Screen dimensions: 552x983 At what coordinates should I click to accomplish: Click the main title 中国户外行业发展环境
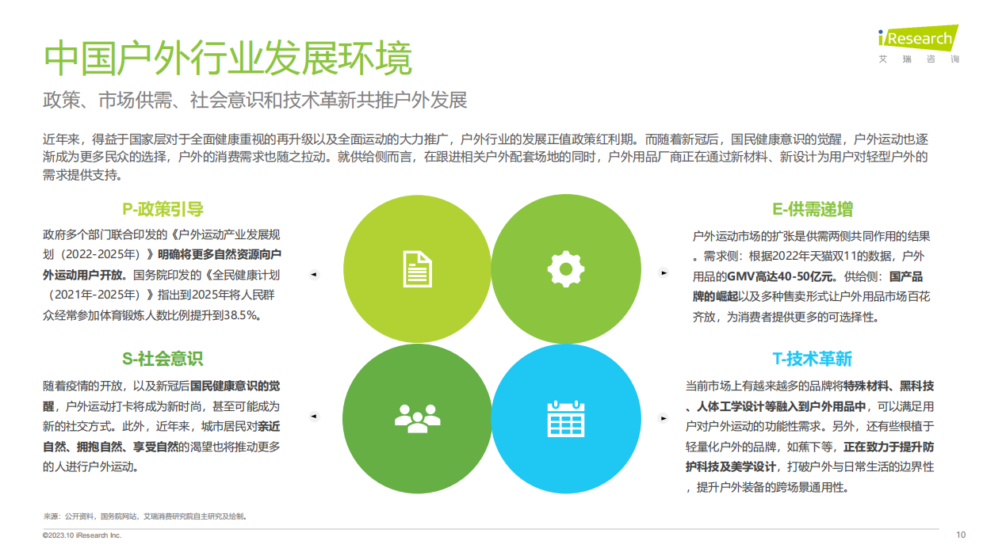point(228,59)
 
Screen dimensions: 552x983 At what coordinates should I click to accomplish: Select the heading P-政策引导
point(163,209)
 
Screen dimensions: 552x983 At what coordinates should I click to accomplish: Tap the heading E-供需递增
point(813,209)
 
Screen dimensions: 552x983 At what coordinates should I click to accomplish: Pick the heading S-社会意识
point(163,359)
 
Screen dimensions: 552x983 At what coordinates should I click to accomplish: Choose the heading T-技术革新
point(813,359)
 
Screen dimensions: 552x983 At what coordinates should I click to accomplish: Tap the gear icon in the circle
point(565,267)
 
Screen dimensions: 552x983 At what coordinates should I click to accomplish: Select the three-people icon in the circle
point(417,417)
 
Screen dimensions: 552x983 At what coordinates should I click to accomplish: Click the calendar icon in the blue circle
point(565,417)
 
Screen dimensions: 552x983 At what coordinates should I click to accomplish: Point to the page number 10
point(961,535)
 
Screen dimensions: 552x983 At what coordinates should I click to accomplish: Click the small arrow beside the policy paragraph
point(313,274)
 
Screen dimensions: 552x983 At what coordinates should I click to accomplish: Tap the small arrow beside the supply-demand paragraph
point(664,273)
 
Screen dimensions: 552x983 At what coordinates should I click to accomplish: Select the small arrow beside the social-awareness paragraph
point(313,416)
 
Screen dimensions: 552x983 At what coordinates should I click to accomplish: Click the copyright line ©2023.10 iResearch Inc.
point(82,535)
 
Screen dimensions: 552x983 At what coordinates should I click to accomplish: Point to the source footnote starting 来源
point(145,516)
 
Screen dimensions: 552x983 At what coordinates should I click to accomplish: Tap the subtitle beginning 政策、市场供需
point(254,101)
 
